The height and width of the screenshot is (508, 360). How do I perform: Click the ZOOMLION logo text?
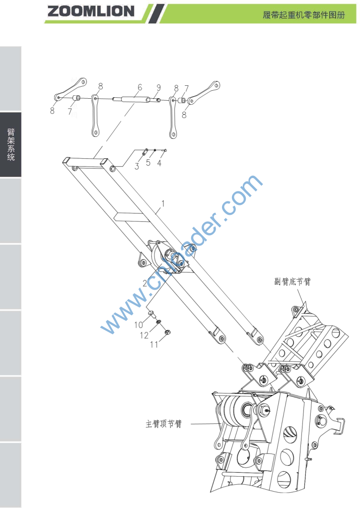[90, 11]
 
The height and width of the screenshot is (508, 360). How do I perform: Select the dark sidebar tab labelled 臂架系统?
[11, 144]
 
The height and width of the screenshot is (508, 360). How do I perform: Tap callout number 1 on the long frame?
[163, 203]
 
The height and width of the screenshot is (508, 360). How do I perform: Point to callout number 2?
[144, 283]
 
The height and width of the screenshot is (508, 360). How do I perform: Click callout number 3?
[137, 166]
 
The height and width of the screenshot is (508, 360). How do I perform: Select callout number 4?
[159, 163]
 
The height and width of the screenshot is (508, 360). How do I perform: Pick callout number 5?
[148, 163]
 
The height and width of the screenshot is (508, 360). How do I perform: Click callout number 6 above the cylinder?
[140, 87]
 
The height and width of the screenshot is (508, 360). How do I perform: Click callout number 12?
[144, 335]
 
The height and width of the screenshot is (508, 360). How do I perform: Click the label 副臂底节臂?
[293, 281]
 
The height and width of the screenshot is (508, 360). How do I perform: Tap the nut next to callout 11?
[168, 332]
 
